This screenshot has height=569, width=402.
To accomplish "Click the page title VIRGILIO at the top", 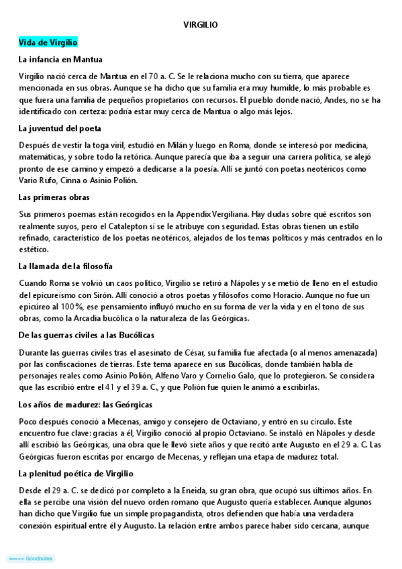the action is point(201,25).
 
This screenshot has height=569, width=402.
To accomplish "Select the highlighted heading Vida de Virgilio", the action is point(48,42).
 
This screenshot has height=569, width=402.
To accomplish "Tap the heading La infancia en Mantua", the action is point(60,59).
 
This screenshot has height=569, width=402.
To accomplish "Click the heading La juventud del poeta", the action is point(60,128).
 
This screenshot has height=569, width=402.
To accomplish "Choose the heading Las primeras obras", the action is point(54,197).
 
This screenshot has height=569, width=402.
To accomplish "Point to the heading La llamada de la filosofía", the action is point(66,266).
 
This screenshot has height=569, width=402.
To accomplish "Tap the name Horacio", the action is point(281,295).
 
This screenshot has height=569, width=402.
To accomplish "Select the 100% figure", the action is point(73,306).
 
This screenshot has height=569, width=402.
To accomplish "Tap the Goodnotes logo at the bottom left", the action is point(30,558).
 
